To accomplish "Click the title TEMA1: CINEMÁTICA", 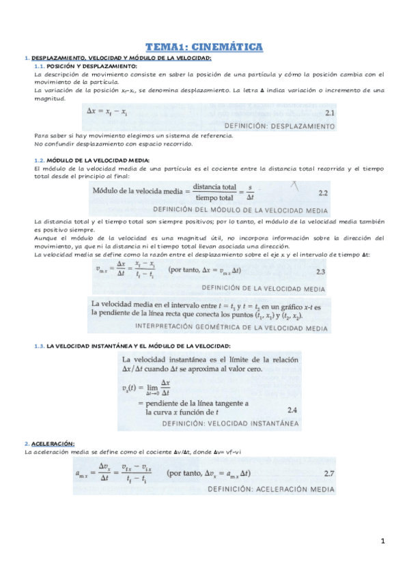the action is (x=204, y=46).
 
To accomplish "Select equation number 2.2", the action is (x=324, y=193).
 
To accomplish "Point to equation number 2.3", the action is (x=320, y=272).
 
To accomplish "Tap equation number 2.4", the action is (x=292, y=410).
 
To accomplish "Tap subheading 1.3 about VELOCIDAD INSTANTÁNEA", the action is (x=132, y=346).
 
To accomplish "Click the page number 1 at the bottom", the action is (x=384, y=542).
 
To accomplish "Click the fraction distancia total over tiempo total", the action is (x=214, y=191).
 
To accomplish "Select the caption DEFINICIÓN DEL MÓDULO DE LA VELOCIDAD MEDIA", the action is (x=240, y=208).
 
